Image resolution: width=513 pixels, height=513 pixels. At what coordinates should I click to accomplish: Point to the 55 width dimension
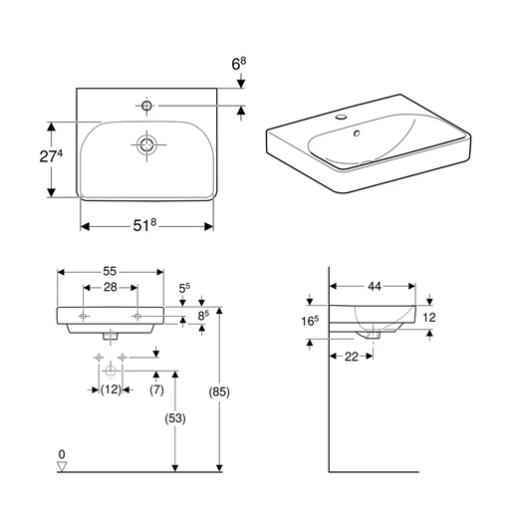pyautogui.click(x=110, y=270)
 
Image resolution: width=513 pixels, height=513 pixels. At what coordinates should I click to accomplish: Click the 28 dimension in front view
pyautogui.click(x=110, y=287)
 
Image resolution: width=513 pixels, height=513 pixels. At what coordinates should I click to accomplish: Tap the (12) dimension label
pyautogui.click(x=111, y=388)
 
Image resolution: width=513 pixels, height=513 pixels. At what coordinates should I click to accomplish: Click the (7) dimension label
pyautogui.click(x=156, y=388)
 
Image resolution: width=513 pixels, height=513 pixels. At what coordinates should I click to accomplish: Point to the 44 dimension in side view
pyautogui.click(x=375, y=287)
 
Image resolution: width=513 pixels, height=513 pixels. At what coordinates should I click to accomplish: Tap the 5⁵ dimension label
pyautogui.click(x=183, y=290)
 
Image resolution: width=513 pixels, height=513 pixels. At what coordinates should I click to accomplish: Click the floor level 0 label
pyautogui.click(x=62, y=452)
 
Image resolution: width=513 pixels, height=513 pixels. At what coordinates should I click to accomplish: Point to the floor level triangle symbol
pyautogui.click(x=62, y=464)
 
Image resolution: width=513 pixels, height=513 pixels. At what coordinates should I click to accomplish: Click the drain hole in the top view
pyautogui.click(x=146, y=144)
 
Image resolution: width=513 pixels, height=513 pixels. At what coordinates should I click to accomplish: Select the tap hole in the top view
pyautogui.click(x=146, y=105)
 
